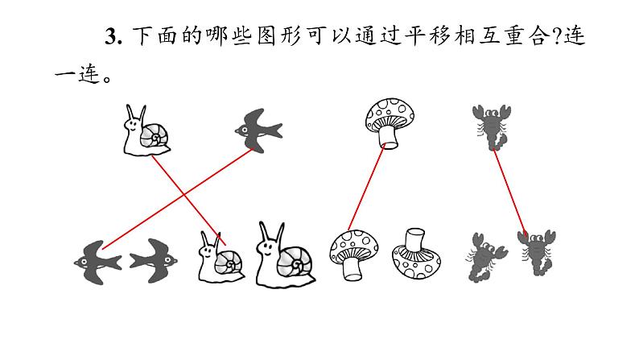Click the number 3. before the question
coord(113,36)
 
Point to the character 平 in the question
coord(414,36)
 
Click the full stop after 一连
coord(107,78)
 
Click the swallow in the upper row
coord(259,130)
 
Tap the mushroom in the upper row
coord(390,123)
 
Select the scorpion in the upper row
coord(492,127)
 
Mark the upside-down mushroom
coord(416,254)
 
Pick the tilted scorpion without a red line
coord(486,257)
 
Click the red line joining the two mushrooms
coord(366,188)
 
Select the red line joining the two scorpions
coord(509,192)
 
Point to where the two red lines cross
coord(183,194)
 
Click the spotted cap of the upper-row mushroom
coord(390,114)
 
